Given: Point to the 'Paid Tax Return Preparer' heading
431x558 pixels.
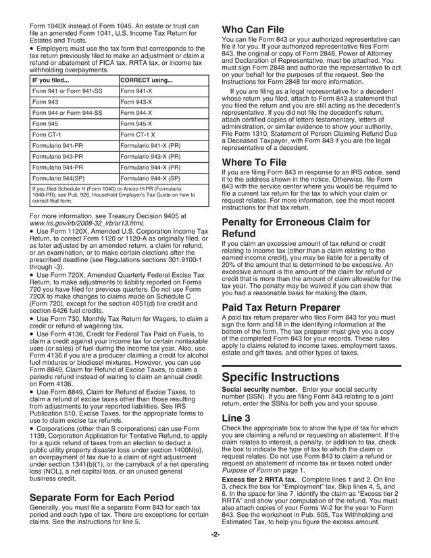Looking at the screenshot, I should [x=278, y=308].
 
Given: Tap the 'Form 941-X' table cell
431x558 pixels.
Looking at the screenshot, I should [x=136, y=91].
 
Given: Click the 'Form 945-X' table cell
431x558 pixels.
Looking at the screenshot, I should [x=136, y=124].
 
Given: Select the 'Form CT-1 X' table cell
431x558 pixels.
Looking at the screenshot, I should [x=138, y=135].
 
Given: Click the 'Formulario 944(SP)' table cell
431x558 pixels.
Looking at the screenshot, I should [x=59, y=178].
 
